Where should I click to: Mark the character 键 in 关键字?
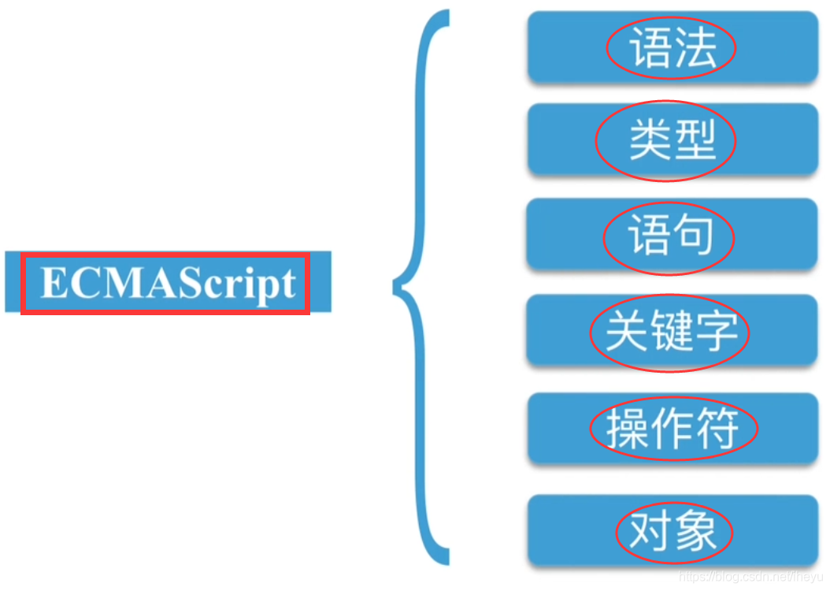pyautogui.click(x=671, y=332)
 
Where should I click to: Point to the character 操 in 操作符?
pyautogui.click(x=626, y=429)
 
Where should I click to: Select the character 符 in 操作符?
pyautogui.click(x=716, y=429)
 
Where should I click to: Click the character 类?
pyautogui.click(x=649, y=142)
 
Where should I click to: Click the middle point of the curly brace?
pyautogui.click(x=398, y=288)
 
